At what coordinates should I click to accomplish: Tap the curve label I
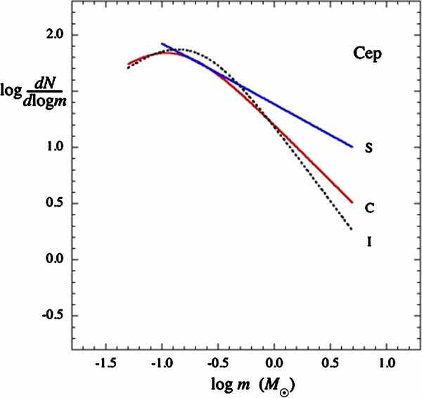tap(369, 243)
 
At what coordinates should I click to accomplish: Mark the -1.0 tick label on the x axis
tap(161, 365)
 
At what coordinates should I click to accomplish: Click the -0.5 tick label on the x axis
tap(217, 365)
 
